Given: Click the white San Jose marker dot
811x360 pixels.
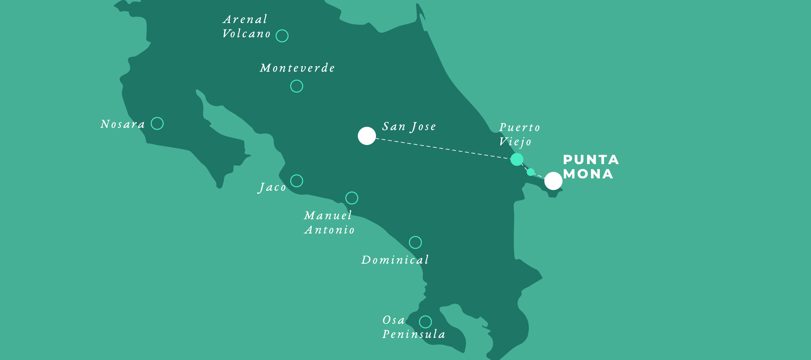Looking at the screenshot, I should coord(367,136).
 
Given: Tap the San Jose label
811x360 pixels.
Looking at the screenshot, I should coord(409,126).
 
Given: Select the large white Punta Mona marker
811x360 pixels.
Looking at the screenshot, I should coord(553,181).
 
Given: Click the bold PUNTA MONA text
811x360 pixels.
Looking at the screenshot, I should coord(590,167).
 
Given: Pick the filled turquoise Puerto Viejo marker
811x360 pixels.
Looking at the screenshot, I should coord(517,159).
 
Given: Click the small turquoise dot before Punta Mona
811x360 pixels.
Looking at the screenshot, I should coord(530,172).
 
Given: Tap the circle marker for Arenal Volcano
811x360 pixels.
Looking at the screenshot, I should coord(282,36).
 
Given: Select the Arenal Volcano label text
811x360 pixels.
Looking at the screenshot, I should coord(246,27).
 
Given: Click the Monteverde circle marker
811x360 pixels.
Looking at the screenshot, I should coord(297,86).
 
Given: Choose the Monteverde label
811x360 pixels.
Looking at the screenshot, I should coord(297,68).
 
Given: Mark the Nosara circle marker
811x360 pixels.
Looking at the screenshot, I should coord(157,123).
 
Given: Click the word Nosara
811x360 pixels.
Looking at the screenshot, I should coord(123,124).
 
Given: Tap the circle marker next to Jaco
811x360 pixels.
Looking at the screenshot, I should coord(297,181).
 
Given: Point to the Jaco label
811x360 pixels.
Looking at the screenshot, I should coord(272,187).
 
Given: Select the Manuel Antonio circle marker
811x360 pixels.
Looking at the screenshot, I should coord(352,198).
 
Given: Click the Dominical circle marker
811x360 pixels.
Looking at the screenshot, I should coord(415,242).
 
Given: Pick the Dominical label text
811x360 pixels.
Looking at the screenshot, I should coord(395,260).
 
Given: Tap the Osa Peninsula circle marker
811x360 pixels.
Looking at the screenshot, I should coord(425,322).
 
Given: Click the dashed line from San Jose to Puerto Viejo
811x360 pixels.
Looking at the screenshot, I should coord(441,148).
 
